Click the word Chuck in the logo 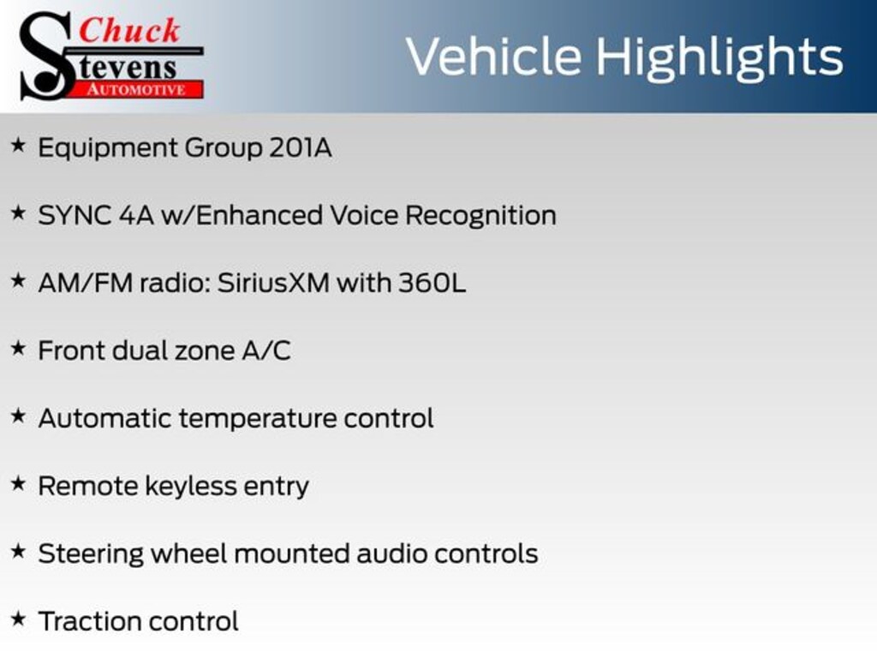pos(129,30)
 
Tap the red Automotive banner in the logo pos(136,89)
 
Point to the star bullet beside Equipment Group pos(19,145)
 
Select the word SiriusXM pos(273,283)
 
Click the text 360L pos(432,283)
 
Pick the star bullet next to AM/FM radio pos(19,280)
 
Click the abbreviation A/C pos(266,350)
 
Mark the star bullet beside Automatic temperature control pos(19,416)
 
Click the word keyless pos(191,487)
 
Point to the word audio pos(391,554)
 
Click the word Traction pos(89,622)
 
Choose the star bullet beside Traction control pos(19,619)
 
